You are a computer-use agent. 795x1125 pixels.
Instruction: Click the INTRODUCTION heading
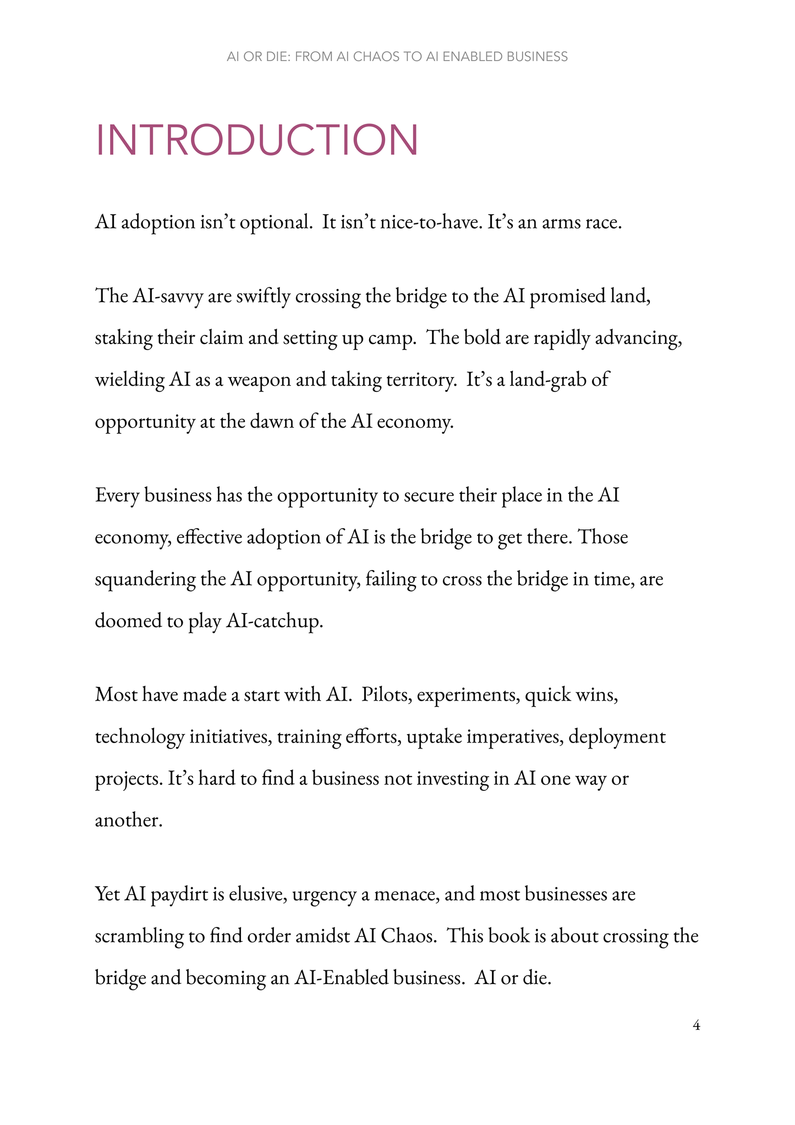tap(257, 140)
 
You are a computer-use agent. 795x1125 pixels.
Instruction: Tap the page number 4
tap(696, 1026)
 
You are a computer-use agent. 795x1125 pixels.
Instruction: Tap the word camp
tap(392, 338)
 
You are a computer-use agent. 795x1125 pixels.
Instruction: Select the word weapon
tap(259, 380)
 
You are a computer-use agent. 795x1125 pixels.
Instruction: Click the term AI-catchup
tap(274, 621)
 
